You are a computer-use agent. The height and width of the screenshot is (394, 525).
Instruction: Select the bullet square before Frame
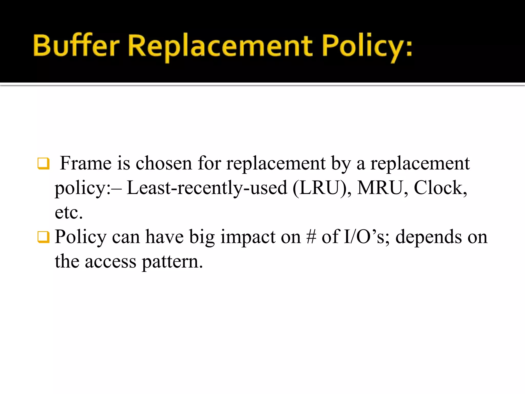pos(43,164)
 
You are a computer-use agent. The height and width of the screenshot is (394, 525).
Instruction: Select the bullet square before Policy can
pos(43,237)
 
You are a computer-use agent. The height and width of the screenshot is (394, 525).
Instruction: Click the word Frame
pos(86,163)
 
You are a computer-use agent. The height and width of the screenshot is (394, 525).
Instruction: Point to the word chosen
pos(164,163)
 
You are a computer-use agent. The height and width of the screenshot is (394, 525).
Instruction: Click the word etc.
pos(69,212)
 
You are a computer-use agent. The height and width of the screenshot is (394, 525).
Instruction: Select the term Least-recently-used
pos(207,188)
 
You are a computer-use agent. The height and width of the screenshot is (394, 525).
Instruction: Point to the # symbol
pos(311,237)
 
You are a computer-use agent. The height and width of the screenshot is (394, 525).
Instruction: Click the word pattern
pos(172,262)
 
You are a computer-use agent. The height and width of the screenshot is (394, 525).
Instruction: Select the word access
pos(110,262)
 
